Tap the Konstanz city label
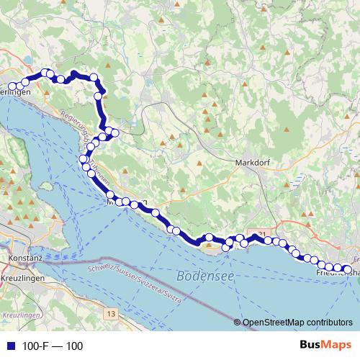point(24,257)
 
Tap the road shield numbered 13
point(109,314)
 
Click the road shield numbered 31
point(261,233)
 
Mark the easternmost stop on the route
point(348,271)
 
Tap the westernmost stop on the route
point(12,86)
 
